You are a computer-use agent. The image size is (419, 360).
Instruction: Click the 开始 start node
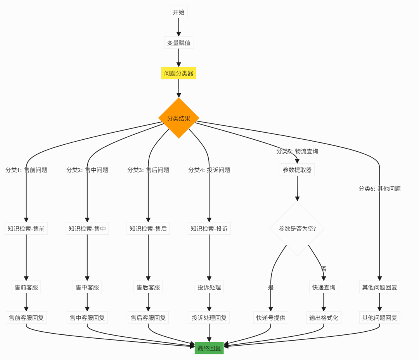(178, 12)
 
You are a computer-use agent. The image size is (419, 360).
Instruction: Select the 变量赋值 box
(178, 43)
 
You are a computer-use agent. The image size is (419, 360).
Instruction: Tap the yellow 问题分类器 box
(178, 73)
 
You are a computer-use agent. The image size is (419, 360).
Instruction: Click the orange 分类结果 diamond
(178, 118)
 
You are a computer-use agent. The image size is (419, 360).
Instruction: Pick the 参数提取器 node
(297, 170)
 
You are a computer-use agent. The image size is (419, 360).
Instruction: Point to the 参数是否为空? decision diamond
(297, 228)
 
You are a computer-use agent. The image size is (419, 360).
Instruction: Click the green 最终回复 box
(209, 348)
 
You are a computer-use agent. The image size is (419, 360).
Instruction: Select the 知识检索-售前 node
(26, 228)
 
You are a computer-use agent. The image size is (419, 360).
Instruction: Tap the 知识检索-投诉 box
(209, 228)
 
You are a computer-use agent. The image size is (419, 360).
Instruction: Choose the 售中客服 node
(87, 287)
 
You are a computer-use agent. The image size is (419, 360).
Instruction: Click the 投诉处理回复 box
(209, 318)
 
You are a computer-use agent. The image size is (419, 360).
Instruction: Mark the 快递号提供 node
(270, 318)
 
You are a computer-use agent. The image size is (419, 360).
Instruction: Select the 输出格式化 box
(324, 318)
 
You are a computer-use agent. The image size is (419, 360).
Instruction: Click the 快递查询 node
(324, 287)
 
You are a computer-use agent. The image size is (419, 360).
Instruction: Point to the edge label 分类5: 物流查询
(297, 151)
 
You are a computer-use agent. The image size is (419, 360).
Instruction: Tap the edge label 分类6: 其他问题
(379, 189)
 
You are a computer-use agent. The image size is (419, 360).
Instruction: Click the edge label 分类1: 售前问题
(26, 170)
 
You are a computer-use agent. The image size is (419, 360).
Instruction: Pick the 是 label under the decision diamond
(270, 287)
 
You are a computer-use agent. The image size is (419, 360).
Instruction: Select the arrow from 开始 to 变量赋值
(178, 27)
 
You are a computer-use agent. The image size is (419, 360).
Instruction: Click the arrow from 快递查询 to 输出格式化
(324, 303)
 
